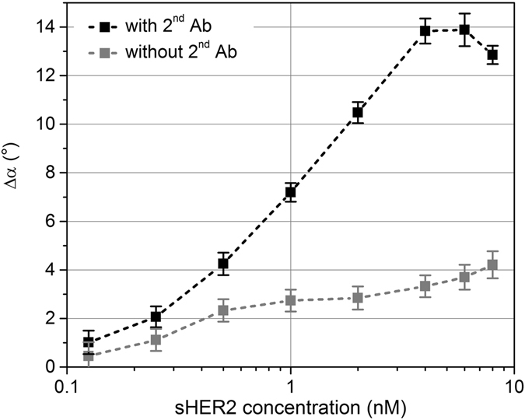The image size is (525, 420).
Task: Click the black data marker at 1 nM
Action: (x=291, y=192)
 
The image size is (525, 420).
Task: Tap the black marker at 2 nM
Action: (x=358, y=113)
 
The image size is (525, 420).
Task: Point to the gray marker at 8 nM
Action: (x=492, y=265)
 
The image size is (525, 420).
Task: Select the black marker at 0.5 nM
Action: (x=223, y=264)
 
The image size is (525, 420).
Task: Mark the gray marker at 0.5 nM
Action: (x=223, y=310)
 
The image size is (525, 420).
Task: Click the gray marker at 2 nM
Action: (x=358, y=298)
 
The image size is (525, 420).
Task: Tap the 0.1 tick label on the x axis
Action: (x=68, y=384)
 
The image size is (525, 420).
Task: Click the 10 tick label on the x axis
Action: (x=512, y=384)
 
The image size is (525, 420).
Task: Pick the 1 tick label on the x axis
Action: (x=291, y=384)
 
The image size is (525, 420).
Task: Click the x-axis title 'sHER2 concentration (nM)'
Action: (x=291, y=407)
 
